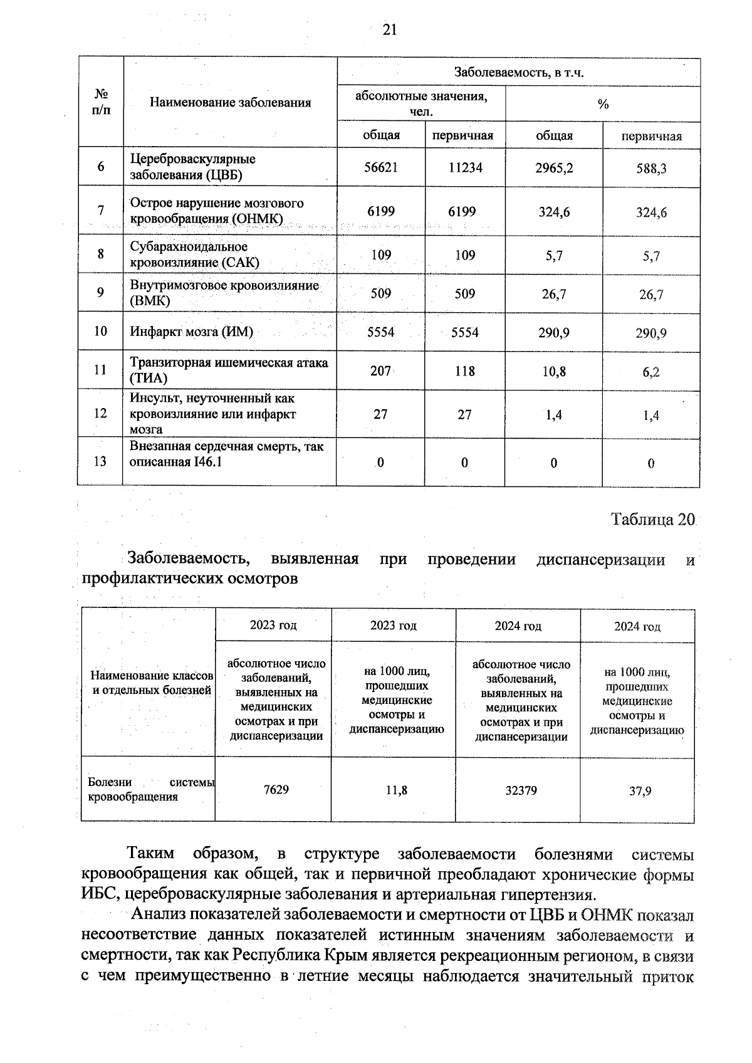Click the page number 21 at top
coord(389,30)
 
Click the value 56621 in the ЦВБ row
coord(382,167)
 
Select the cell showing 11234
coord(464,167)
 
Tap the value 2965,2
coord(554,168)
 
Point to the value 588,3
coord(651,169)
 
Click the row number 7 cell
coord(100,211)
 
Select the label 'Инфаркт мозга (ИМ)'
coord(191,332)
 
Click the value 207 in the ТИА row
coord(380,371)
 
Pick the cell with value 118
coord(464,371)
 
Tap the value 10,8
coord(554,372)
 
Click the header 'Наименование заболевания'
coord(230,103)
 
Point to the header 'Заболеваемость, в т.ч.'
coord(518,73)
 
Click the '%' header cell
coord(603,105)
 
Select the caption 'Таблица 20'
coord(652,520)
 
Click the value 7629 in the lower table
coord(276,790)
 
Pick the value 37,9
coord(640,791)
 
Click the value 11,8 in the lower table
coord(396,790)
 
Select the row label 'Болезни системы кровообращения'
coord(150,790)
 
